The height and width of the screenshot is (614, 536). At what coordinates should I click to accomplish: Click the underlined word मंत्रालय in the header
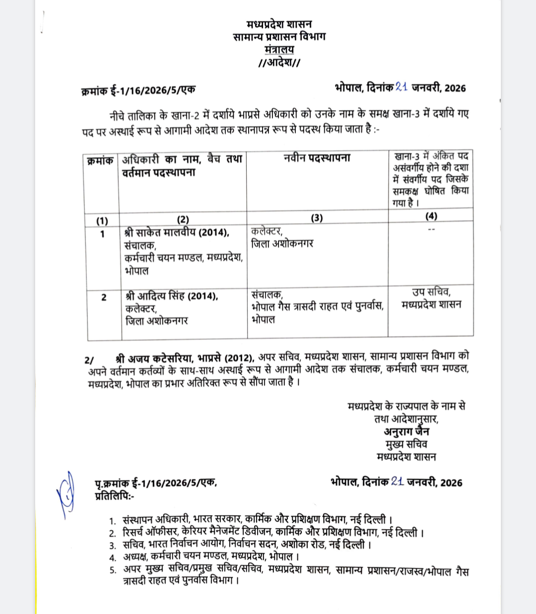(279, 50)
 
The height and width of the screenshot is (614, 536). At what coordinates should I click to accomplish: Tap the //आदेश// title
(279, 63)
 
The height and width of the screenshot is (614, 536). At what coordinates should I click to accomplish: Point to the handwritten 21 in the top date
(402, 87)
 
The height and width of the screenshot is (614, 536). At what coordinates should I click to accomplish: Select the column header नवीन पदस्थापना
(317, 158)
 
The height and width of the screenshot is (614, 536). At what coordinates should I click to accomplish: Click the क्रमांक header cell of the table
(100, 161)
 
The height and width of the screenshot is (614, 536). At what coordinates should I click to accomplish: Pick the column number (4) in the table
(431, 216)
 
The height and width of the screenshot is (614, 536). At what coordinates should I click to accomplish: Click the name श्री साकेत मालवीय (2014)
(177, 233)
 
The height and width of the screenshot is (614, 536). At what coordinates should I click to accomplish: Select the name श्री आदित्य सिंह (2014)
(172, 296)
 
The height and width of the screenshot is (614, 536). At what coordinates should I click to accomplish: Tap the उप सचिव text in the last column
(431, 292)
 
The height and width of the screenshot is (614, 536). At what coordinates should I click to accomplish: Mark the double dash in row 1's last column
(431, 229)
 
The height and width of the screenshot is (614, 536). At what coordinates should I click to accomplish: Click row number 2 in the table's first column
(104, 297)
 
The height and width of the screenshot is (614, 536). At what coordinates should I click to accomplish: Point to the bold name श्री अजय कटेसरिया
(155, 358)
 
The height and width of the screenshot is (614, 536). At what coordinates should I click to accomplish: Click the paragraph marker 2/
(89, 360)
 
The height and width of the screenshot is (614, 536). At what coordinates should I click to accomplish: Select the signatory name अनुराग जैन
(406, 431)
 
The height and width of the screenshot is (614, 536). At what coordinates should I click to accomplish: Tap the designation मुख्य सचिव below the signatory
(406, 444)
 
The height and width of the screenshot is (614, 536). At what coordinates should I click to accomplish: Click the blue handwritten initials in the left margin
(66, 494)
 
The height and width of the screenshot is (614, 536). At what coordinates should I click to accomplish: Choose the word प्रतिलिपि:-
(114, 495)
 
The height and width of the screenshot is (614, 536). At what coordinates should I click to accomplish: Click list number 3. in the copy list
(113, 545)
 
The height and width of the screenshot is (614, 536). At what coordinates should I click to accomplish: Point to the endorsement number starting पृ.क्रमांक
(156, 483)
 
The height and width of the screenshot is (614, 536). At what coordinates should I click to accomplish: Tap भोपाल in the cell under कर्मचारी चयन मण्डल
(136, 271)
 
